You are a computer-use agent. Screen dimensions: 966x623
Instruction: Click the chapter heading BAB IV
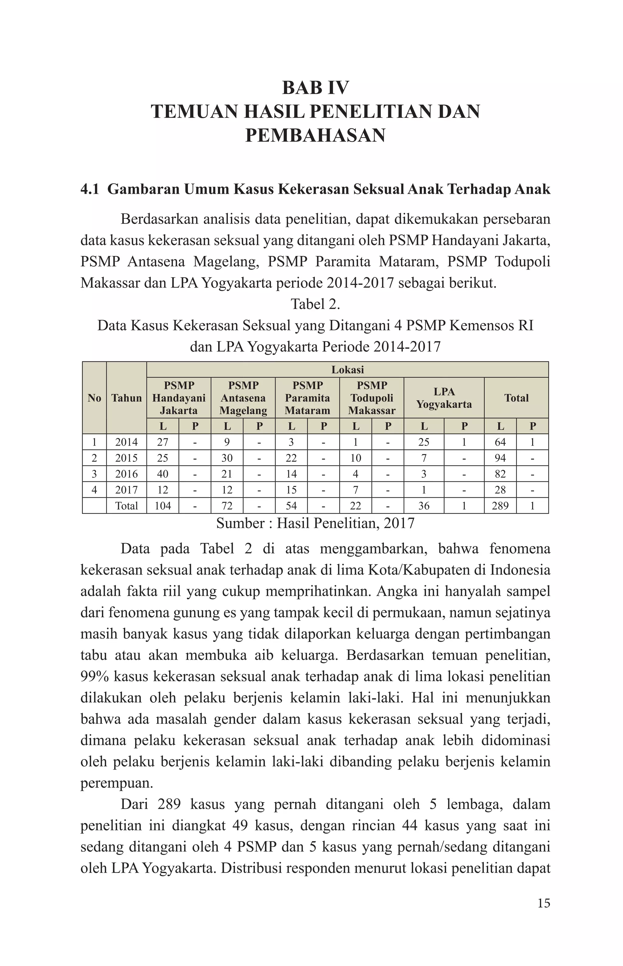pos(315,88)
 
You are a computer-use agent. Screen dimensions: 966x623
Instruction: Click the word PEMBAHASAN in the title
pos(315,135)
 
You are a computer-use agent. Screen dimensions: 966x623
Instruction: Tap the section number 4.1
pos(90,189)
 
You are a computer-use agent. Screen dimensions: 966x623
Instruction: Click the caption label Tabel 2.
pos(315,304)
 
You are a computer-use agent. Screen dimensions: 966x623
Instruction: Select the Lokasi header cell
pos(347,370)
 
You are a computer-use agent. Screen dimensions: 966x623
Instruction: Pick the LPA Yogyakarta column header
pos(444,398)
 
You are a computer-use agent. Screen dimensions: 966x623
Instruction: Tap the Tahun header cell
pos(127,398)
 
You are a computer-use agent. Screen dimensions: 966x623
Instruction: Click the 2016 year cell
pos(127,474)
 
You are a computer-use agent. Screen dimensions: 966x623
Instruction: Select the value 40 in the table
pos(163,474)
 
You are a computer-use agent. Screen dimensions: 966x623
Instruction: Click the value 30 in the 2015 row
pos(227,458)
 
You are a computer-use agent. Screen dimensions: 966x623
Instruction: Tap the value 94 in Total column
pos(500,458)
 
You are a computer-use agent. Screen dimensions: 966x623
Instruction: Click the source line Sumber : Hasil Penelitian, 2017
pos(315,523)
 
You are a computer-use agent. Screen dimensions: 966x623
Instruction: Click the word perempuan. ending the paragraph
pos(117,783)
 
